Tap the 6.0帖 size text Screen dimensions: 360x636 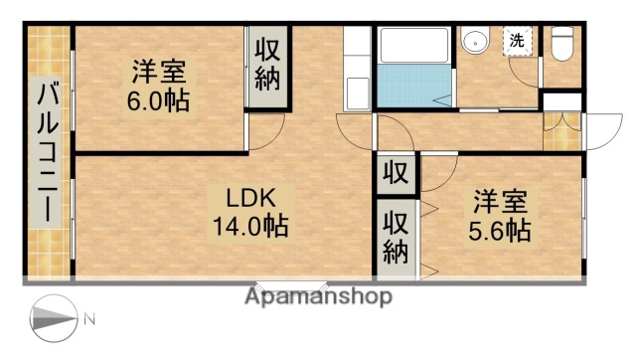[x=158, y=100]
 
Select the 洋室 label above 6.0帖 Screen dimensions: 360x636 [x=158, y=73]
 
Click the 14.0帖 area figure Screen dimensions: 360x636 [x=249, y=226]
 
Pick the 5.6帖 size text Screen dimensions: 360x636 [x=501, y=231]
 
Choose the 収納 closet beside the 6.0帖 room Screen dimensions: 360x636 [x=267, y=66]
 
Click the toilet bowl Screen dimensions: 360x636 [x=563, y=45]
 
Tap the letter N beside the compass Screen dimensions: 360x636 [x=89, y=319]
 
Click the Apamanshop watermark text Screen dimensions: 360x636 [x=318, y=296]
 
